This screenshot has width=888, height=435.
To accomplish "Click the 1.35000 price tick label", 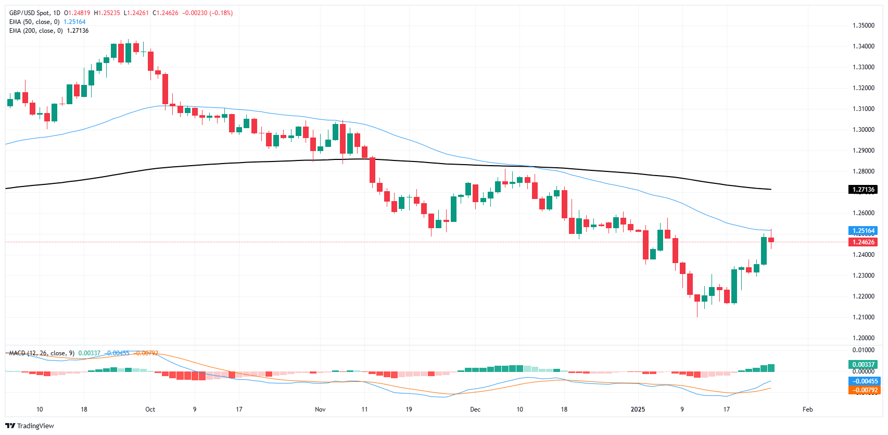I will pos(863,26).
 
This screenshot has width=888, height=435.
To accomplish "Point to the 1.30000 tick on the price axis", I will pos(863,130).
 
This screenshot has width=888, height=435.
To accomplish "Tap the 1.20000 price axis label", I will pos(863,338).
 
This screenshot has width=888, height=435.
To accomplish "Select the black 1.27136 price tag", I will pos(863,190).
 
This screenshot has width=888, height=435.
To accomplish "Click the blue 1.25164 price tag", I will pos(863,231).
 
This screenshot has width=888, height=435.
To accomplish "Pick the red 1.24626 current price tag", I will pos(863,242).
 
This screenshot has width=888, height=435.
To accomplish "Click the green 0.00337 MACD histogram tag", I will pos(863,365).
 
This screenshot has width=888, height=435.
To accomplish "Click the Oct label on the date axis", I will pos(150,409).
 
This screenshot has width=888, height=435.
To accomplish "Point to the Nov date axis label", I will pos(320,409).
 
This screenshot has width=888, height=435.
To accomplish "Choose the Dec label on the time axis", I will pos(475,409).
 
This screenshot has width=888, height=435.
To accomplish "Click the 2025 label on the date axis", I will pos(638,409).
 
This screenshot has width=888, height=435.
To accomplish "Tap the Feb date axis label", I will pos(807,409).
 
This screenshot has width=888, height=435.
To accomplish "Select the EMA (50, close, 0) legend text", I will pos(34,22).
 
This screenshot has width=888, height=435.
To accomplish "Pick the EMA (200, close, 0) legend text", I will pos(36,31).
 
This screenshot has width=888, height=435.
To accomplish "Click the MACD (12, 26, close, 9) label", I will pos(42,353).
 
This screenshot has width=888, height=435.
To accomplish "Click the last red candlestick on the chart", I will pos(771,240).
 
